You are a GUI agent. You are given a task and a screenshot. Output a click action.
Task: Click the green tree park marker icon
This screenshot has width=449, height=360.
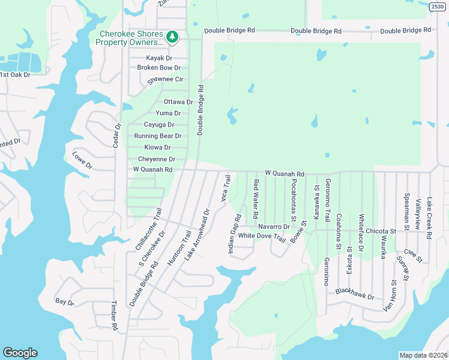(x=172, y=37)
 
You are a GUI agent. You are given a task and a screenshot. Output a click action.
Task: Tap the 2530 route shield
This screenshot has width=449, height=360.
(x=438, y=5)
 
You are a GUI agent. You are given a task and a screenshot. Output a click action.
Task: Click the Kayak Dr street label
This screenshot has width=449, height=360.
(x=159, y=58)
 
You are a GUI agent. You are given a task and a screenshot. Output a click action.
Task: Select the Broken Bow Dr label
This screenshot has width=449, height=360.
(x=159, y=68)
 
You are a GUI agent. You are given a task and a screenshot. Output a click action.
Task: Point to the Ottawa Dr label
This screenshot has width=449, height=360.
(x=178, y=102)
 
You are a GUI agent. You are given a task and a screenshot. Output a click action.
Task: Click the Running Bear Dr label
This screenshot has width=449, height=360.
(x=157, y=136)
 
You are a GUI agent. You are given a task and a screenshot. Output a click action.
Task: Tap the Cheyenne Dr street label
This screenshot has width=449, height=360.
(x=157, y=160)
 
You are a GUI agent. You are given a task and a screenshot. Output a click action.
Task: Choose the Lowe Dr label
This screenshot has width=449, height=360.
(x=82, y=161)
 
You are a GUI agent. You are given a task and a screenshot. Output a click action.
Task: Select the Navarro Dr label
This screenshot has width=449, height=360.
(x=274, y=227)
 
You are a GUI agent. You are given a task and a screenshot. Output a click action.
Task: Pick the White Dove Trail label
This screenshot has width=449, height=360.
(x=261, y=236)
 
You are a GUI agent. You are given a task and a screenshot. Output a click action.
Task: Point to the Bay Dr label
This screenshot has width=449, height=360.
(x=64, y=302)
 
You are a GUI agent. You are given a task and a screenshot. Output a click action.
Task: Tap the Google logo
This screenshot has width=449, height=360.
(x=20, y=353)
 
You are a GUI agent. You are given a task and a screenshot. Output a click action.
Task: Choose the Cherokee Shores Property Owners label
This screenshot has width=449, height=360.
(x=131, y=38)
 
